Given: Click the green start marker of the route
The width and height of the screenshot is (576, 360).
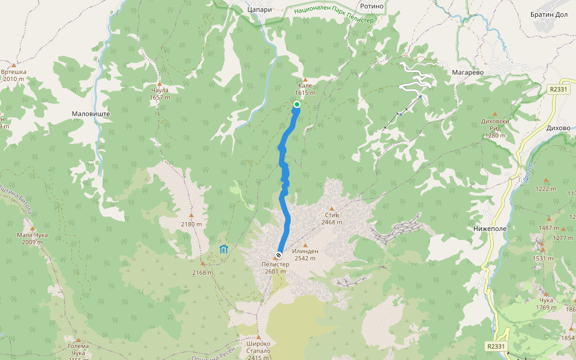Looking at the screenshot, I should (x=296, y=104).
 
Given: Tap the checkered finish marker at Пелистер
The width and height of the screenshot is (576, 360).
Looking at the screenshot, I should (x=279, y=254).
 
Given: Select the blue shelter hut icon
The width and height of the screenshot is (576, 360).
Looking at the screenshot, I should (x=224, y=248).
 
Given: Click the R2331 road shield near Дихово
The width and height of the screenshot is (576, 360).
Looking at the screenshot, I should (x=558, y=89).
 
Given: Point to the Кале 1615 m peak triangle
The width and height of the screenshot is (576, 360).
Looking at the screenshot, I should (x=305, y=80).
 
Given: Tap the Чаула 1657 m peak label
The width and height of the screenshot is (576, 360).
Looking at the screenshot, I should (x=160, y=93).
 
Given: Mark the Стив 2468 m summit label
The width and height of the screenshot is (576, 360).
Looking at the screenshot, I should (x=332, y=218).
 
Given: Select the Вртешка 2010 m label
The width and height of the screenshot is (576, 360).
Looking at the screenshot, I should (x=13, y=75).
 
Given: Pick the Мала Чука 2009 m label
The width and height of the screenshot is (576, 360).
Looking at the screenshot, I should (x=32, y=238).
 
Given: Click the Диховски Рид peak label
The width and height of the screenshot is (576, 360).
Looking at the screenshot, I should (x=495, y=127).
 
